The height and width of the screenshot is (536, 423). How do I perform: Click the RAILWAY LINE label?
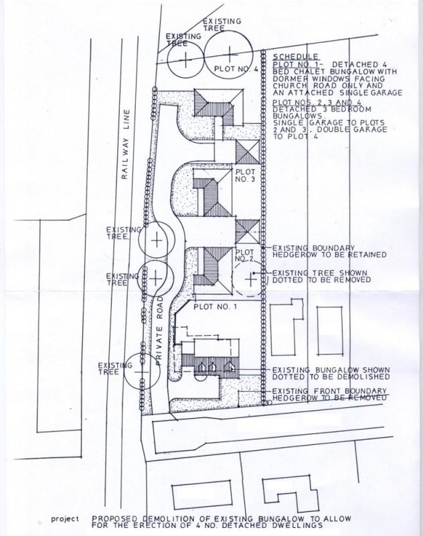click(x=125, y=144)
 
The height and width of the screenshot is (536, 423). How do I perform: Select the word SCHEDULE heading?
click(x=296, y=57)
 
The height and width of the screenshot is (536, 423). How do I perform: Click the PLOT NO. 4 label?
click(x=236, y=69)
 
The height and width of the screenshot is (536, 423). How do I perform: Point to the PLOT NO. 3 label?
click(x=246, y=176)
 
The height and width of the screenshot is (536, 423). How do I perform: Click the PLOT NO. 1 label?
click(x=215, y=307)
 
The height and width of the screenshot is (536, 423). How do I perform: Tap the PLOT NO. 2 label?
click(x=245, y=255)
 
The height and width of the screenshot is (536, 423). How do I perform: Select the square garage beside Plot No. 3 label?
click(x=248, y=152)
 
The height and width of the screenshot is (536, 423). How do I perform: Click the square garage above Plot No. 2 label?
click(x=248, y=231)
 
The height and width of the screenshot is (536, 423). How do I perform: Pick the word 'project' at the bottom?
click(x=65, y=519)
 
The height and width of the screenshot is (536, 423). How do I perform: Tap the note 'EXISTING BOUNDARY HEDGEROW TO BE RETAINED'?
click(x=329, y=251)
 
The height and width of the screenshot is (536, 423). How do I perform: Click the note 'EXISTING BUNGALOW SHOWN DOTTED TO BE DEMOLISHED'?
click(x=331, y=373)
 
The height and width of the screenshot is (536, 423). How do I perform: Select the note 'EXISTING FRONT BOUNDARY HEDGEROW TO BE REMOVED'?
click(x=329, y=395)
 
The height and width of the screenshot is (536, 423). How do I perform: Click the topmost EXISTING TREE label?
click(x=222, y=25)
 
